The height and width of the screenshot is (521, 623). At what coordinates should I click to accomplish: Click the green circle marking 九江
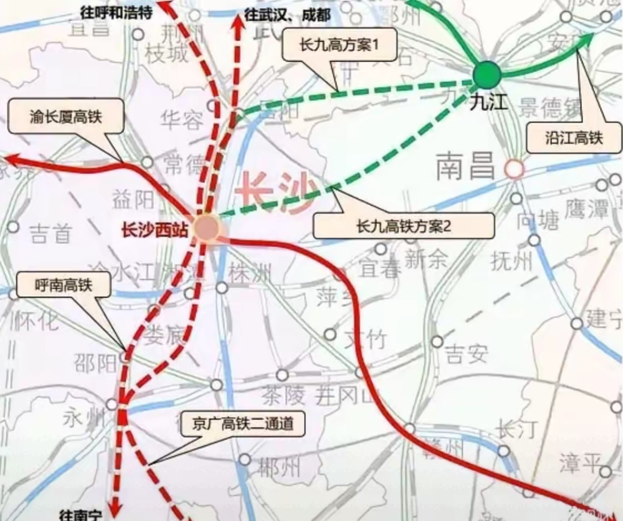487,75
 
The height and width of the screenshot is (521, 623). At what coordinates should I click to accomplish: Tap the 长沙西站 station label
154,230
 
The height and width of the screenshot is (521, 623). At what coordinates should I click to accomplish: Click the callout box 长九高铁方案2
403,225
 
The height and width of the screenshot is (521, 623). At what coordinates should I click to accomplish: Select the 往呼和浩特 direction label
117,12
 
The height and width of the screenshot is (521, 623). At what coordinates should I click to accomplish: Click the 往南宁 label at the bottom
80,514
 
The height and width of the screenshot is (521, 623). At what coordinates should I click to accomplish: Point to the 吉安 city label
466,354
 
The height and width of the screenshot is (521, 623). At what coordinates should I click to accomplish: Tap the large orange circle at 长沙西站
206,228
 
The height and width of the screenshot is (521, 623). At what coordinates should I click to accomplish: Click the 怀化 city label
39,321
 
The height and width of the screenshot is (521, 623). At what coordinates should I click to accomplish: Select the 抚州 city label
513,261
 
